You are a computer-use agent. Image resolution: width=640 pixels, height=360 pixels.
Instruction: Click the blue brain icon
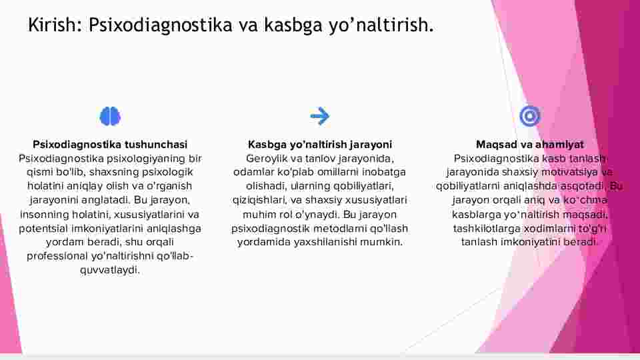pos(110,116)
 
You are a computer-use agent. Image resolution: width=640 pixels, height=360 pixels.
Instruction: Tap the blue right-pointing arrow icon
pos(319,116)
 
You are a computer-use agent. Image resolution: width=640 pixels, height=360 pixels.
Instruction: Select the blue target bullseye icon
pos(530,116)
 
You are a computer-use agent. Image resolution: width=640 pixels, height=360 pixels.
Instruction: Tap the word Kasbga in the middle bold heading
pos(267,145)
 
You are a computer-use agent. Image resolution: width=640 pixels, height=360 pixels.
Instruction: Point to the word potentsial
pos(43,228)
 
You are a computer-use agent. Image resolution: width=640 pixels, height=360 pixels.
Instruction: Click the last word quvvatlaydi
pos(110,270)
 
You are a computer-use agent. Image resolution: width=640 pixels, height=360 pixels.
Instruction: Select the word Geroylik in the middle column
pos(267,159)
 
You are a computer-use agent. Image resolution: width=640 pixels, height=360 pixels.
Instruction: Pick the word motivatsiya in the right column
pos(569,172)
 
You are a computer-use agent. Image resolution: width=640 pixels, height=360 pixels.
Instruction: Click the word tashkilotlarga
pos(487,229)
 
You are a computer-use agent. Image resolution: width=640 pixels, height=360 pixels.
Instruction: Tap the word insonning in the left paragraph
pos(45,215)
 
